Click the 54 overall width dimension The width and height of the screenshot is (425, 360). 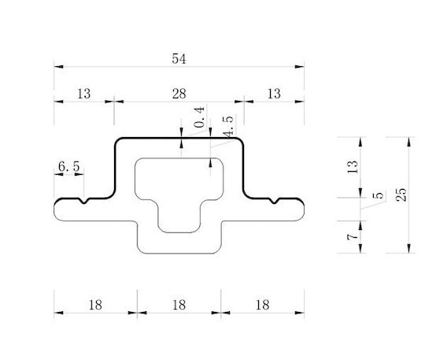coord(179,59)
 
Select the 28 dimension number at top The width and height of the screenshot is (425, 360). coord(179,94)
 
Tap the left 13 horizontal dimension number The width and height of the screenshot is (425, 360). coord(83,94)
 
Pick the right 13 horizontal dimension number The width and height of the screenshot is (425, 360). coord(274,94)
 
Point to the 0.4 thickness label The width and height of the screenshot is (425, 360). coord(199,117)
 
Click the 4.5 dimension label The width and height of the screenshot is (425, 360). coord(227,126)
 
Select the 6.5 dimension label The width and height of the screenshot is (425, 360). coord(69,166)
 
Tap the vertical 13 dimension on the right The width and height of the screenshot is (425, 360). coord(353,167)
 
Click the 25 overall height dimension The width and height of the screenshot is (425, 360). coord(401,195)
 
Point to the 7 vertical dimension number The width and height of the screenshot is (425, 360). coord(353,237)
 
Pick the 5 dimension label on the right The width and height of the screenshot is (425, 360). coord(379,195)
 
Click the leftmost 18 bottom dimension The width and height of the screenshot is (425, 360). coord(95,305)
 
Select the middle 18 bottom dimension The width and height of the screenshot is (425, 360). coord(179,305)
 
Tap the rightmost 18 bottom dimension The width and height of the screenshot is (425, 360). coord(262,305)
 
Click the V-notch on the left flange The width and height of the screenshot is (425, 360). coord(84,201)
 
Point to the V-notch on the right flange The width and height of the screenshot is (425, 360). coord(275,201)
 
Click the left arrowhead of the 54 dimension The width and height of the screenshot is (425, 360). coord(58,67)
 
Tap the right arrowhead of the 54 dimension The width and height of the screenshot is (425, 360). coord(300,67)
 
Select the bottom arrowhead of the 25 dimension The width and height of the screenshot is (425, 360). coord(409,248)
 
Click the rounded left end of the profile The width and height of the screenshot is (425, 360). coord(54,210)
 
